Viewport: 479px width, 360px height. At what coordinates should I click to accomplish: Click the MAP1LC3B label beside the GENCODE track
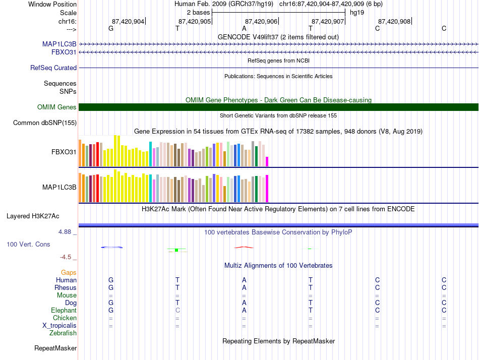59,44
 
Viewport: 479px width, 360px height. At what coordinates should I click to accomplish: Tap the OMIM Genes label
57,107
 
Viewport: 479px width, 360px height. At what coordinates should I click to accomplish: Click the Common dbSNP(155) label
45,123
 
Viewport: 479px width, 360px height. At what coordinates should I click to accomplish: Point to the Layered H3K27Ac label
33,216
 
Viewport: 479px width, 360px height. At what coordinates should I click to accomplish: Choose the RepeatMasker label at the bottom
55,348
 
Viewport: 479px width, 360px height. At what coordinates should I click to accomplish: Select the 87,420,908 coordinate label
394,21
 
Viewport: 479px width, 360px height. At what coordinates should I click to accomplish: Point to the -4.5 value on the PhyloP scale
66,257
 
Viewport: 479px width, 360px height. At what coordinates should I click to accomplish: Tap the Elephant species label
64,310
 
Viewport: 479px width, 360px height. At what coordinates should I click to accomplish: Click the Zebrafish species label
63,333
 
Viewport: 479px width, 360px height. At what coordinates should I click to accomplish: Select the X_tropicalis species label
59,325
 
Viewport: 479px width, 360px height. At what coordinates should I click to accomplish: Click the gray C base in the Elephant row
177,310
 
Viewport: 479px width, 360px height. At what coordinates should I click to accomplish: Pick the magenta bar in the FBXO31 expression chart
267,161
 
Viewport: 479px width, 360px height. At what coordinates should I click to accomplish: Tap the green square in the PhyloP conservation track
176,250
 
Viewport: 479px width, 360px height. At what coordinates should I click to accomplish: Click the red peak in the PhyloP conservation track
244,247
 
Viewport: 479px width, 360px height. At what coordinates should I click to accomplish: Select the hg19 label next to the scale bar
357,12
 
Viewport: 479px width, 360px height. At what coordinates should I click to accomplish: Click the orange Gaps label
69,272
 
